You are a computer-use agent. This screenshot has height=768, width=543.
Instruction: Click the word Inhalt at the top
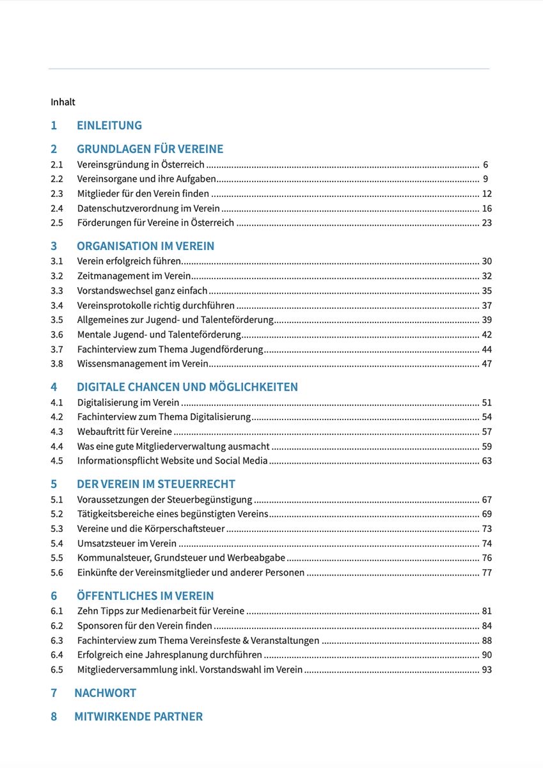pyautogui.click(x=63, y=102)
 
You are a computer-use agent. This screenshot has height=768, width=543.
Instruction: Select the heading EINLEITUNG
pyautogui.click(x=109, y=125)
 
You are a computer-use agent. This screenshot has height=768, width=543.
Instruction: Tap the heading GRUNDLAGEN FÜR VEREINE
pyautogui.click(x=150, y=149)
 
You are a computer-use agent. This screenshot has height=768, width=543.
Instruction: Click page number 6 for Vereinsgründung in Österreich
pyautogui.click(x=485, y=164)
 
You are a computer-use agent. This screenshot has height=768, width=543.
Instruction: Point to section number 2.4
pyautogui.click(x=57, y=208)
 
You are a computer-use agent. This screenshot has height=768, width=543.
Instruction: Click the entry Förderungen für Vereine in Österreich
pyautogui.click(x=155, y=223)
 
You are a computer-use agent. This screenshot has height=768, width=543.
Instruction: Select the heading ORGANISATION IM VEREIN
pyautogui.click(x=145, y=246)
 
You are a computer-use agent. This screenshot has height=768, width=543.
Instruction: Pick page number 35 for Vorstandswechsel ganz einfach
pyautogui.click(x=487, y=291)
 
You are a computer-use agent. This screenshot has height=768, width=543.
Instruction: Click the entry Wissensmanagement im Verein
pyautogui.click(x=143, y=364)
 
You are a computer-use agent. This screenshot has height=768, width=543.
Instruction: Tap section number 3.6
pyautogui.click(x=57, y=334)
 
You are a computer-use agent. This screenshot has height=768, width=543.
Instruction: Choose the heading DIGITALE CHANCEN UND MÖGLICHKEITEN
pyautogui.click(x=187, y=387)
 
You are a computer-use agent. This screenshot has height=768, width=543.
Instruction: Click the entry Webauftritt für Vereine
pyautogui.click(x=125, y=432)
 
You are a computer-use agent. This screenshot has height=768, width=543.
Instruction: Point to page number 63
pyautogui.click(x=487, y=460)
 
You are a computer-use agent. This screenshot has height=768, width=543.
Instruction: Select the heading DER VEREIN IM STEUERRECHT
pyautogui.click(x=156, y=484)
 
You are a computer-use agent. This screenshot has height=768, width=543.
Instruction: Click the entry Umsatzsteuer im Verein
pyautogui.click(x=127, y=544)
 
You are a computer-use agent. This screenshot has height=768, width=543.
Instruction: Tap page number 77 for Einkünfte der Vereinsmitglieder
pyautogui.click(x=487, y=572)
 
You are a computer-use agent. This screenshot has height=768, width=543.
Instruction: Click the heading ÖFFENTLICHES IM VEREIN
pyautogui.click(x=145, y=596)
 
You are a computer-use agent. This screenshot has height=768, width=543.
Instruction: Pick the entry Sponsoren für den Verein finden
pyautogui.click(x=145, y=625)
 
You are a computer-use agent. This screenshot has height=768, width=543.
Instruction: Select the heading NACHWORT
pyautogui.click(x=105, y=693)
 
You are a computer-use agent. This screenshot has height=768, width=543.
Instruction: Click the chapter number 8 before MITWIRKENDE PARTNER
pyautogui.click(x=54, y=717)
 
